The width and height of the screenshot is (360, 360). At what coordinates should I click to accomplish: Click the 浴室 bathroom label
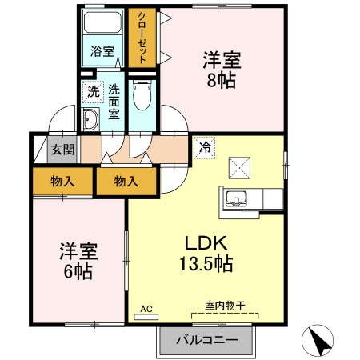[x=102, y=51]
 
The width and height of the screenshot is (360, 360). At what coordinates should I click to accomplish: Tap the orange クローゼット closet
[x=142, y=38]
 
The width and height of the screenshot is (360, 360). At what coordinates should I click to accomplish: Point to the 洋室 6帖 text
[x=78, y=261]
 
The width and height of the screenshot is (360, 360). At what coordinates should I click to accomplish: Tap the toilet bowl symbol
[x=142, y=98]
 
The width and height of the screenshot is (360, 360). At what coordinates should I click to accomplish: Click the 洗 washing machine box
[x=94, y=92]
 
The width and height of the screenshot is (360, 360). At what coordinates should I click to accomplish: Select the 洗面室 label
[x=114, y=102]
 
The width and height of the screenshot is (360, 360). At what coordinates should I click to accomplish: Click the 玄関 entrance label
[x=63, y=150]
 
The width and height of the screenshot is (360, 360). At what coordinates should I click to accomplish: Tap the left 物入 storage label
[x=62, y=182]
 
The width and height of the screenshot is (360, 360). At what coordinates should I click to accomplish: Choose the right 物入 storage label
[x=126, y=182]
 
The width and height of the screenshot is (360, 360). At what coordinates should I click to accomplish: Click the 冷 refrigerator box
[x=203, y=147]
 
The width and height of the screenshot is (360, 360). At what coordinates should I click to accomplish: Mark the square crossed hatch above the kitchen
[x=240, y=166]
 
